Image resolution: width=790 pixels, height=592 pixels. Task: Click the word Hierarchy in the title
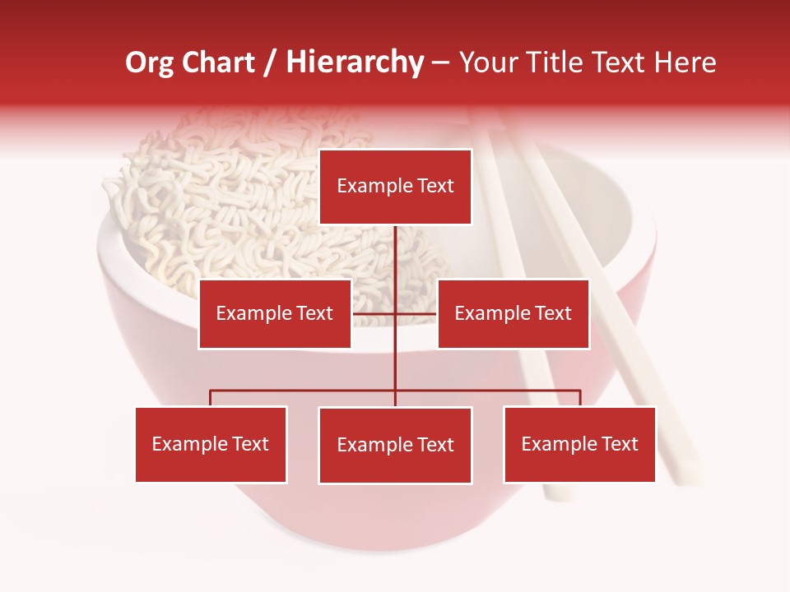pos(355,62)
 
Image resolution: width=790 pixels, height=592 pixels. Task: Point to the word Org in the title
pos(149,62)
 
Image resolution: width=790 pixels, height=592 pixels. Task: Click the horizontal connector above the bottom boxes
pos(304,391)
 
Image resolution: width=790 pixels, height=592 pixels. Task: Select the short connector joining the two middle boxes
pos(374,313)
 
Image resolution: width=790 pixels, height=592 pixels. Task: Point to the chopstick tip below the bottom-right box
pos(560,493)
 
